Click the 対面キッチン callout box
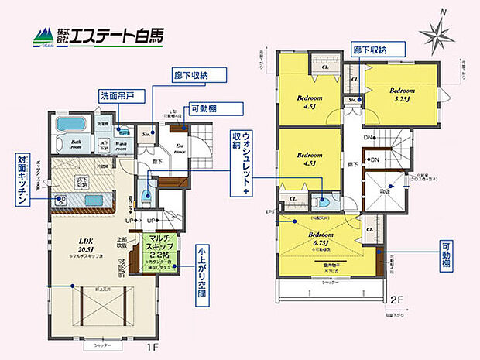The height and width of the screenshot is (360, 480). pos(21,180)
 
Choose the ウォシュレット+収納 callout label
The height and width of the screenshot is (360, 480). pos(241,159)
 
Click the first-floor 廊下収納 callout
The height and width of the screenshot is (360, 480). pos(200,75)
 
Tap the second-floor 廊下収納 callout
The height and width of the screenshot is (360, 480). pos(369,48)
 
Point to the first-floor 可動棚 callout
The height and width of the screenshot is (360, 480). pos(206,109)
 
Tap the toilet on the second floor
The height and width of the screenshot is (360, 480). pos(323,203)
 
